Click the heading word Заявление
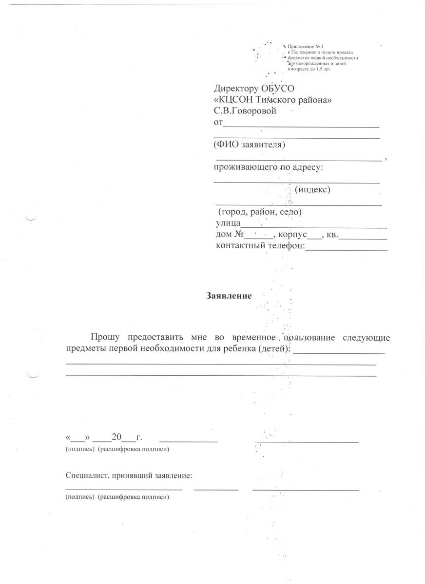(x=229, y=295)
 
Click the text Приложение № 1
(x=303, y=46)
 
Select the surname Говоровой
(x=252, y=111)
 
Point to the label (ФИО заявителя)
(x=249, y=145)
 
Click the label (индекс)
(x=312, y=189)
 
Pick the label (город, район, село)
(x=260, y=213)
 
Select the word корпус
(x=292, y=235)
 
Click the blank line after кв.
(x=363, y=237)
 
